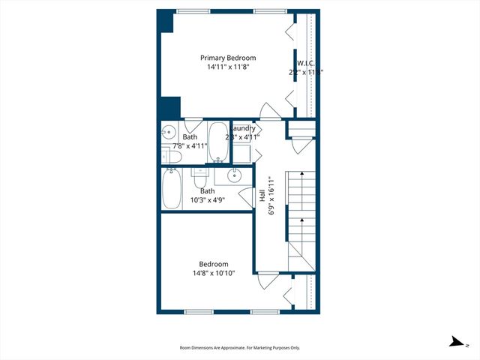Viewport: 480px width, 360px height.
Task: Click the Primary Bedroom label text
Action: point(227,58)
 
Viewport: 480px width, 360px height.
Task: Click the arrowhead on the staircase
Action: point(301,175)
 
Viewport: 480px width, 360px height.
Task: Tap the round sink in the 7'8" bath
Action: point(166,133)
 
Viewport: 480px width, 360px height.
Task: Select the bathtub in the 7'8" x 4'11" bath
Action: point(217,142)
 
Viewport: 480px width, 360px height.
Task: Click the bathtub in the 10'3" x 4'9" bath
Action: point(171,188)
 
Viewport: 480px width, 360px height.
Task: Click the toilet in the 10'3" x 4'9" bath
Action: point(199,179)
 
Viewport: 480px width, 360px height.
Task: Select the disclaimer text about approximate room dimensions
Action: point(240,348)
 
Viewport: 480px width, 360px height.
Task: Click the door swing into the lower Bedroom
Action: point(265,280)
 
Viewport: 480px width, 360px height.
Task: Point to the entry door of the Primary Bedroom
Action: point(268,113)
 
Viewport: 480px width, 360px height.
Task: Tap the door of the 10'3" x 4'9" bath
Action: point(246,198)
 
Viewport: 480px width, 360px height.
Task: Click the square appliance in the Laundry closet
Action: point(241,153)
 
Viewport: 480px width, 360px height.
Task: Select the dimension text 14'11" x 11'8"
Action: point(227,67)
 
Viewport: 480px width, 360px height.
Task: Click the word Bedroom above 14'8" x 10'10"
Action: point(214,263)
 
